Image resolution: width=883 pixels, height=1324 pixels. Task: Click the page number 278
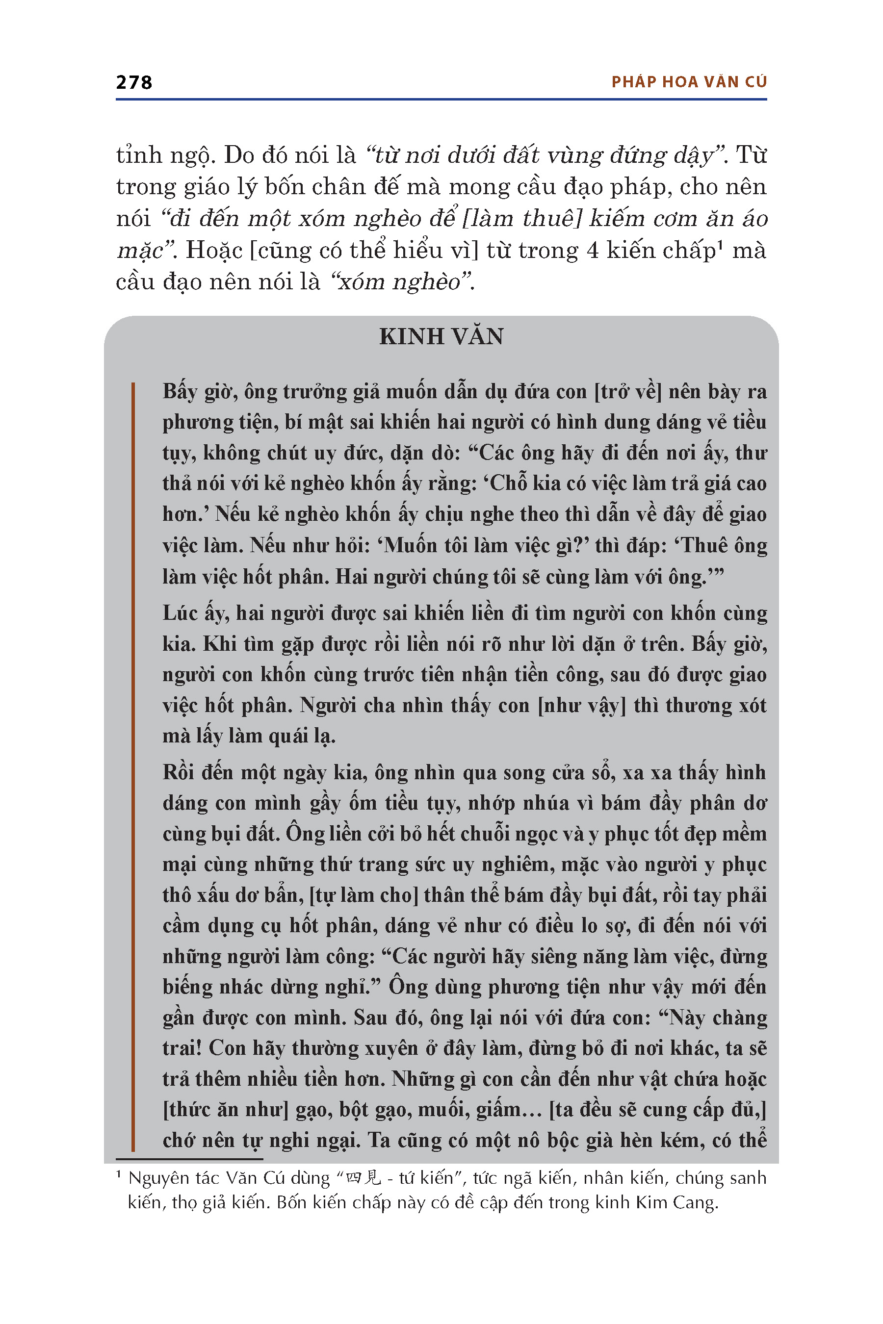134,83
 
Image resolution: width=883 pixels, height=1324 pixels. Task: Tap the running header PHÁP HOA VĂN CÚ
689,82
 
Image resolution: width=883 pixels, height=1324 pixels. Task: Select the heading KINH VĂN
441,336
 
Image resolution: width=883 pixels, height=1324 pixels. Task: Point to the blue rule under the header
441,100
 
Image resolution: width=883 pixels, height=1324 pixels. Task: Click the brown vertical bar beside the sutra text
133,765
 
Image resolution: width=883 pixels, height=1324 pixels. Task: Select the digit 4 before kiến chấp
593,251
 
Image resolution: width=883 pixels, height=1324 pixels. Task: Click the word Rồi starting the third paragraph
182,772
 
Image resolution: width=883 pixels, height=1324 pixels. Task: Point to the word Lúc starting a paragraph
179,613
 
